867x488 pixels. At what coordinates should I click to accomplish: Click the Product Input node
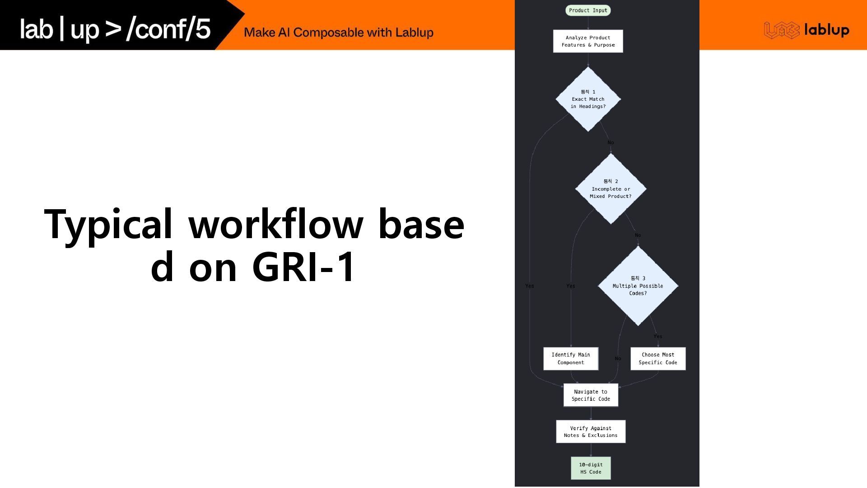(x=588, y=10)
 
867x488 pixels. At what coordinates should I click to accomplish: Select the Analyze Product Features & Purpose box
(x=588, y=41)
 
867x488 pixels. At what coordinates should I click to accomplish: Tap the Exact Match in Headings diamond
(x=588, y=99)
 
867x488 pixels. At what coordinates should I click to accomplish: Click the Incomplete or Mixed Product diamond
(x=611, y=189)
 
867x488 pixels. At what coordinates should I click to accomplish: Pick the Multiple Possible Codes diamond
(x=638, y=286)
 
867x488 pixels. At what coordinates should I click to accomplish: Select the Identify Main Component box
(x=571, y=359)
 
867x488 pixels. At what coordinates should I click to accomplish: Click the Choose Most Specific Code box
(x=658, y=359)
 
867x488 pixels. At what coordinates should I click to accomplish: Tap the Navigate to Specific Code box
(x=591, y=395)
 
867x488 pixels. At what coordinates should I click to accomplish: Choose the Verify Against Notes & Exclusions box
(x=591, y=432)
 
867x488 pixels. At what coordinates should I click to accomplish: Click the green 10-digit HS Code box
(x=591, y=469)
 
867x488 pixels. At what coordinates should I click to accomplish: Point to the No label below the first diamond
(x=611, y=143)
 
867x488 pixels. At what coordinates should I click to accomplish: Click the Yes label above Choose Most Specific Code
(x=658, y=337)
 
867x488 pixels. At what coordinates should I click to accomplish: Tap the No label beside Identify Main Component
(x=618, y=359)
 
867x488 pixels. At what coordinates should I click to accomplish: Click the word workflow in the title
(x=275, y=225)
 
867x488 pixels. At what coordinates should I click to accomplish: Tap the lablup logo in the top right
(x=806, y=30)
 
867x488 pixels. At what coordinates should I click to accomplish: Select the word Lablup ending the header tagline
(x=414, y=33)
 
